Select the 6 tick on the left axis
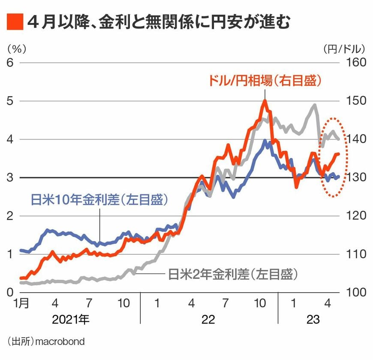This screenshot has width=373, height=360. pos(10,63)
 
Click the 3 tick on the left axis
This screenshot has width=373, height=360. pos(10,178)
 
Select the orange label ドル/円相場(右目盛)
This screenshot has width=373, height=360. pos(265,80)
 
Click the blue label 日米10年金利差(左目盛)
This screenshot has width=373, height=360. pos(99,200)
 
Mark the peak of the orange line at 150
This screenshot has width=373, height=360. pos(265,101)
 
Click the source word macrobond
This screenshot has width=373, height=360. pos(60,342)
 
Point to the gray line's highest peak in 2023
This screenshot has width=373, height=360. pos(315,105)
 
